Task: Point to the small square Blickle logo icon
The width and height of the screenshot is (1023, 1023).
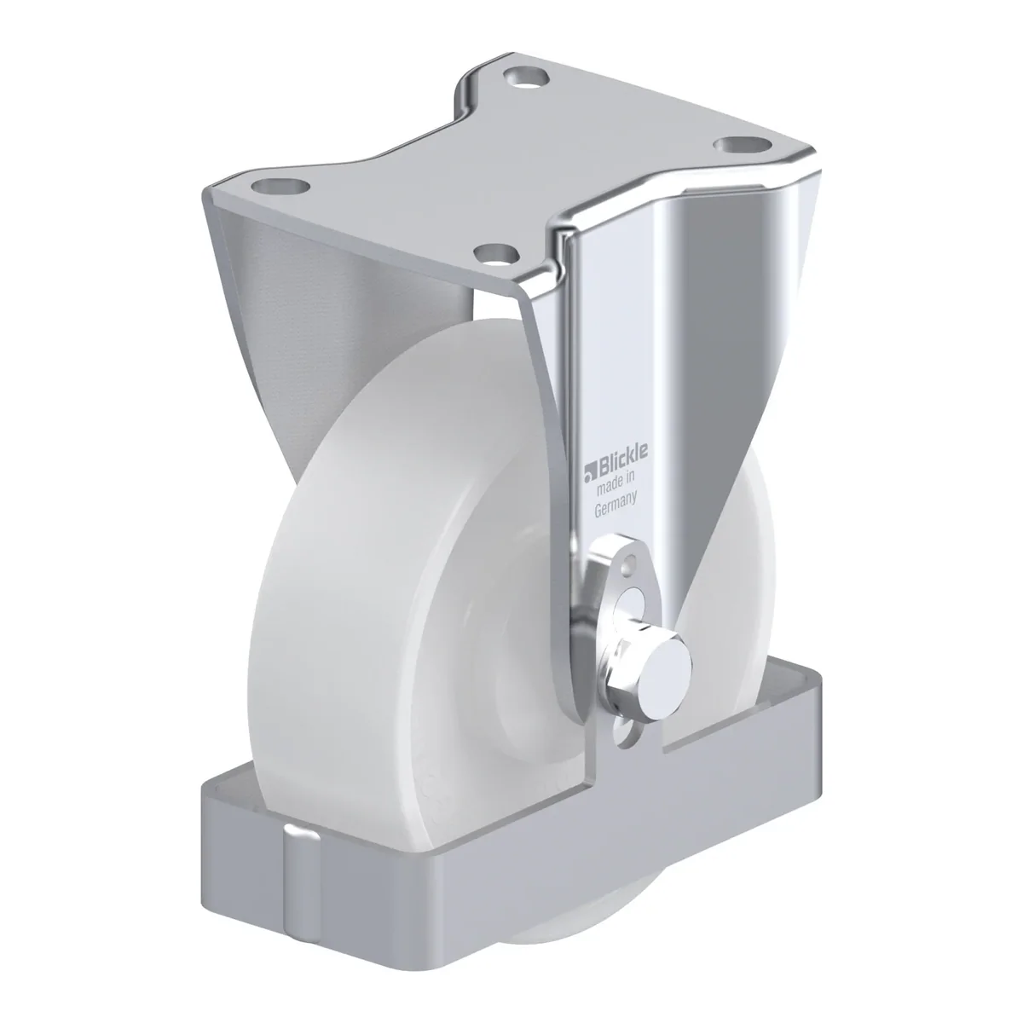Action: pos(589,473)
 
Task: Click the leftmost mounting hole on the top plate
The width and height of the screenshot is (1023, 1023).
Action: pos(280,188)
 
